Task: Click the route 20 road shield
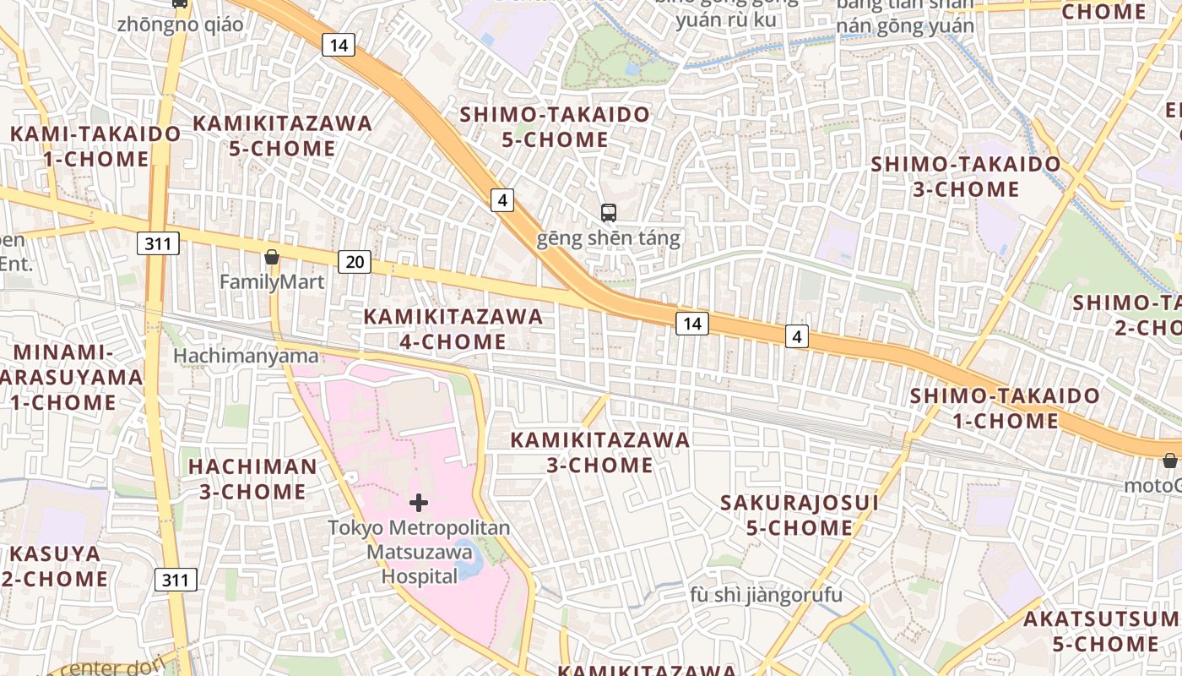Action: tap(355, 262)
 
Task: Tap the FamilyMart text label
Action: tap(272, 282)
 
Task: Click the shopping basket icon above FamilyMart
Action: tap(272, 257)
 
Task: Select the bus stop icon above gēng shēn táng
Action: tap(608, 212)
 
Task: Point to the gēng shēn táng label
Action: tap(608, 238)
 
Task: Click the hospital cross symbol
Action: tap(418, 504)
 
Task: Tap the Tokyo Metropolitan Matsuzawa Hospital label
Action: tap(419, 552)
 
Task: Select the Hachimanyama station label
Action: tap(246, 356)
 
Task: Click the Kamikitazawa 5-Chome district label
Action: tap(282, 135)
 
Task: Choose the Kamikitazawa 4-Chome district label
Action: tap(453, 329)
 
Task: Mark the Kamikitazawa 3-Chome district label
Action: tap(600, 452)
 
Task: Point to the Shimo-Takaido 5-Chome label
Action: tap(555, 127)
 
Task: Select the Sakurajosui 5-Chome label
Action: tap(800, 515)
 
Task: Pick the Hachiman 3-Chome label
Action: tap(252, 478)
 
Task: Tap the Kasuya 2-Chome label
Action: tap(55, 566)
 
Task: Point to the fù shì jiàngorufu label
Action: tap(766, 595)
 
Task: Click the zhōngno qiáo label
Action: tap(181, 25)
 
